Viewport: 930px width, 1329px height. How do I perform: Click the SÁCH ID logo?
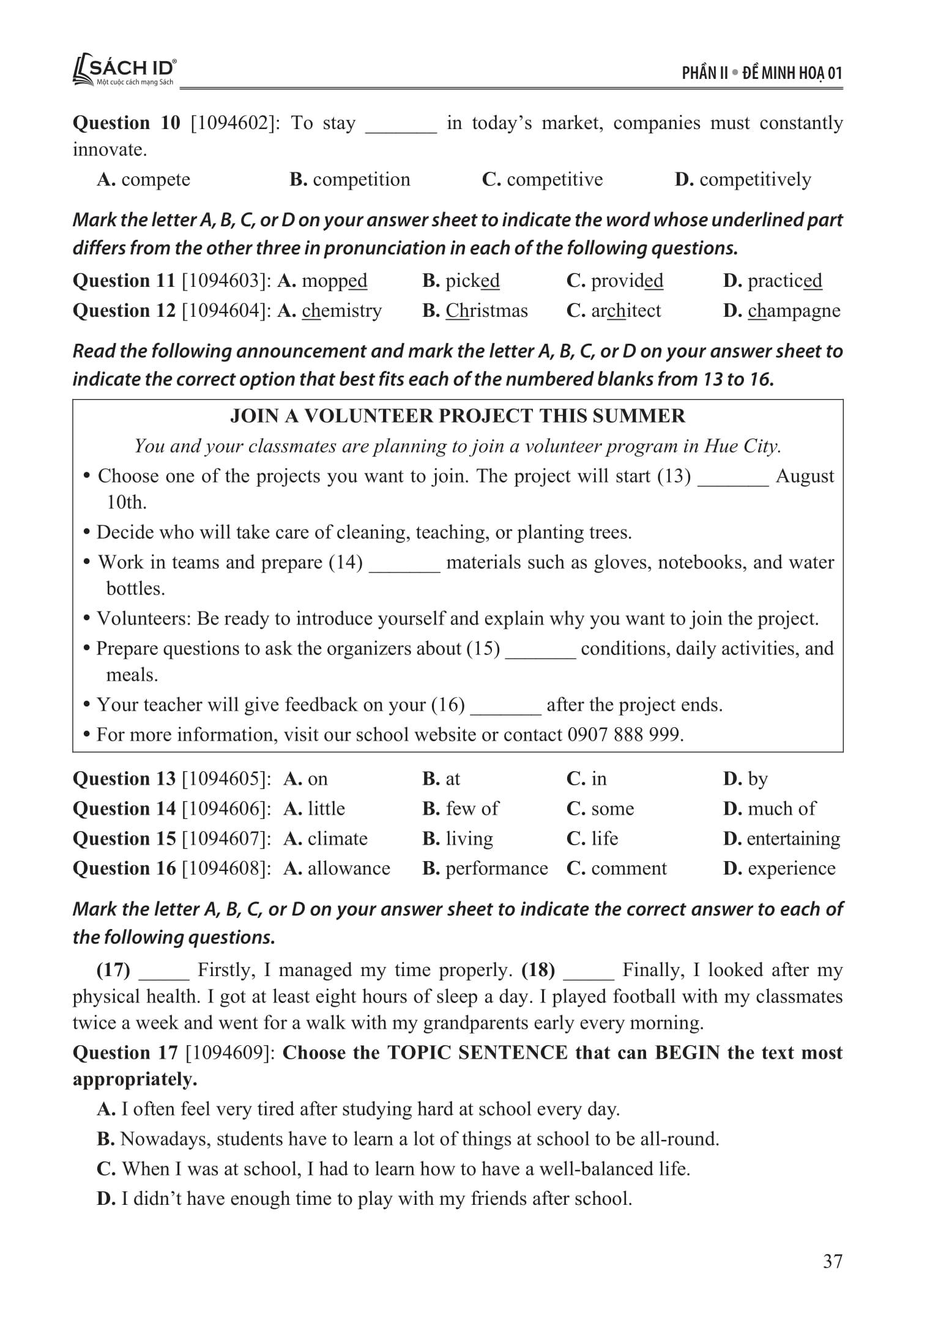pos(125,72)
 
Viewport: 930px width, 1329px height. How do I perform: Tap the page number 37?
pos(833,1261)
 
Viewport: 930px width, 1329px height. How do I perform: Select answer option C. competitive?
pos(542,179)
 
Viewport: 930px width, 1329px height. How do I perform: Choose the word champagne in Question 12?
pos(794,311)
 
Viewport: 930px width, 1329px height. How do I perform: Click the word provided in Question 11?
pos(627,281)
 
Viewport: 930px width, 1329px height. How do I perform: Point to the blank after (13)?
pos(733,477)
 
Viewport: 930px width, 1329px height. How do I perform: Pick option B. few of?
pos(460,809)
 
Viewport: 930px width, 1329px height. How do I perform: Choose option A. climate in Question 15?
pos(325,838)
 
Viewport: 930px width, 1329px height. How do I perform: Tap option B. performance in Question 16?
pos(485,868)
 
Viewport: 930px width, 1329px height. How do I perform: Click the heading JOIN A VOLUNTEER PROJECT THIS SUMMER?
pos(458,416)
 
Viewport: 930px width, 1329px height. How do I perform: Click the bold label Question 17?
pos(125,1053)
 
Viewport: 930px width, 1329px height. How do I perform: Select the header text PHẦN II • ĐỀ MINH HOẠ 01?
pos(762,73)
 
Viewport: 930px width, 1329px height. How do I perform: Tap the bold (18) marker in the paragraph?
pos(538,970)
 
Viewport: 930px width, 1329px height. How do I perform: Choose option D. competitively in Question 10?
pos(743,179)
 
